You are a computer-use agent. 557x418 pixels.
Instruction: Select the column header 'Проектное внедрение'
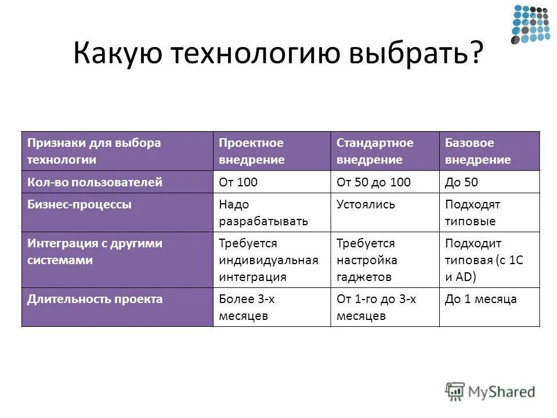[252, 151]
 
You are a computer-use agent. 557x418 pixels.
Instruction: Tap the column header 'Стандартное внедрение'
[375, 151]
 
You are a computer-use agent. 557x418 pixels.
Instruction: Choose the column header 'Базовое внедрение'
[478, 151]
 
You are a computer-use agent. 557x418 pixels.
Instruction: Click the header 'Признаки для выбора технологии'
[94, 151]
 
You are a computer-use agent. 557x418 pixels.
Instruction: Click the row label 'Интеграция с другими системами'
[95, 252]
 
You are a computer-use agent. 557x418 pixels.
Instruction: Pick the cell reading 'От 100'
[238, 182]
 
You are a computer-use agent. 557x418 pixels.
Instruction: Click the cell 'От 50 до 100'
[374, 182]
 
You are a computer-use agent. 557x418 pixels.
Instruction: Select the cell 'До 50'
[462, 182]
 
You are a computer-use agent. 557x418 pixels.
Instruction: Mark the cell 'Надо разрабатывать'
[263, 212]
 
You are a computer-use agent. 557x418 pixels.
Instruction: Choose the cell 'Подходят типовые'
[472, 212]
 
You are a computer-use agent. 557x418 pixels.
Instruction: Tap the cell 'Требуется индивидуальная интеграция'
[268, 260]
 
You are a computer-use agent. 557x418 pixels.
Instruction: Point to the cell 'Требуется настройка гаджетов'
[367, 260]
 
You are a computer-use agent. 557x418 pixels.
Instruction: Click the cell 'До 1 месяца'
[480, 300]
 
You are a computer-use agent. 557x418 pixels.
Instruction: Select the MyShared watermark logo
[490, 391]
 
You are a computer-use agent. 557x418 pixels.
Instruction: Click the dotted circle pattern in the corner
[530, 24]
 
